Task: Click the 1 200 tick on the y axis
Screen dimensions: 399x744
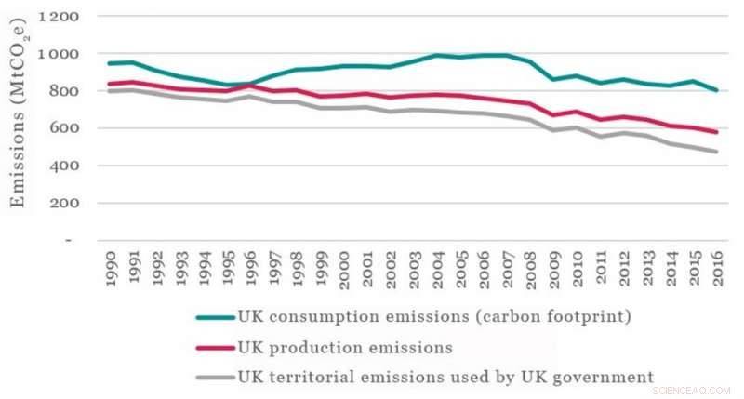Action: (58, 17)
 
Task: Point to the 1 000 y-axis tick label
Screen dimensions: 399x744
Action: (58, 54)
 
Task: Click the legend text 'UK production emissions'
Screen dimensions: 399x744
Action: (345, 347)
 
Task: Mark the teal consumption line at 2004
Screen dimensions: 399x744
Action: (437, 56)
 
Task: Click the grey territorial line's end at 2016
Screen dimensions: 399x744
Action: (716, 152)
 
